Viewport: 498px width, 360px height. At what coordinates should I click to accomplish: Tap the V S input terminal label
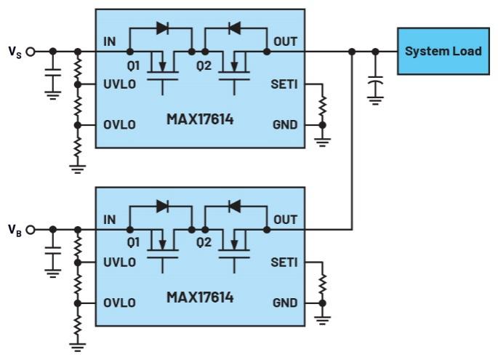[14, 52]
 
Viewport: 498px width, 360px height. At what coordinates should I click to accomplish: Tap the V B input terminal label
[14, 231]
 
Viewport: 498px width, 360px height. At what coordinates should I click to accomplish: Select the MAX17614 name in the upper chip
[200, 119]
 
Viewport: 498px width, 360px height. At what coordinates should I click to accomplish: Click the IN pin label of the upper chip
[110, 41]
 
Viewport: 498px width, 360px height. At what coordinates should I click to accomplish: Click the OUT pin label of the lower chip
[286, 219]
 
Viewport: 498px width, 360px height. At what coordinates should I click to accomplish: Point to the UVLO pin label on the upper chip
[119, 85]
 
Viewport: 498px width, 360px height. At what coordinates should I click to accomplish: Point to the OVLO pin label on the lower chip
[119, 303]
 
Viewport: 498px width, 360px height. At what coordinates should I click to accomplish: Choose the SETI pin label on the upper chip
[284, 85]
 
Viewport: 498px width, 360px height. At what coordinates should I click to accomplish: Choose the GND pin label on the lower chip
[285, 303]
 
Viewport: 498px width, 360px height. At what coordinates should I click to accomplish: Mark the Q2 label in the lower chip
[204, 243]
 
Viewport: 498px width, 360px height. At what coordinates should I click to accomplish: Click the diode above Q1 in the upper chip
[161, 29]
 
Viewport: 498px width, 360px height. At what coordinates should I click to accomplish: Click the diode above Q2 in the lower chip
[235, 207]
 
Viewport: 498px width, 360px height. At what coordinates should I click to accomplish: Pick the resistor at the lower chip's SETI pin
[322, 281]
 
